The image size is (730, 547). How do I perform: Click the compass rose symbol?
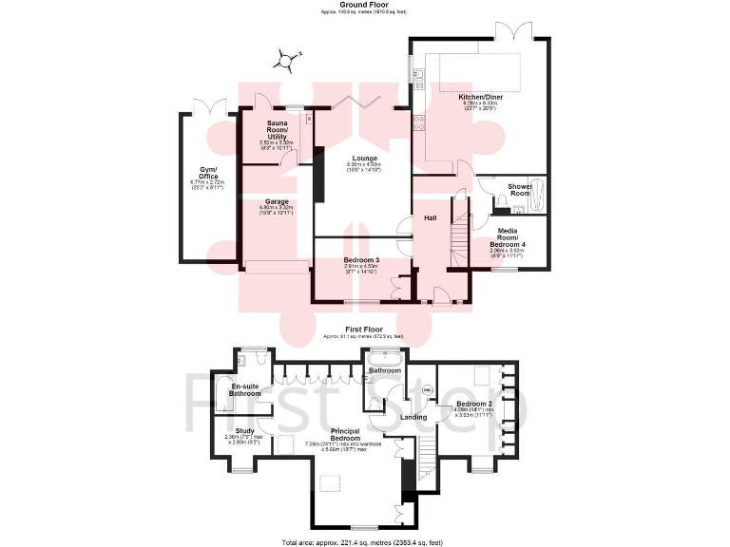284,62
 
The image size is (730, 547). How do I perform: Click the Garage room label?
277,201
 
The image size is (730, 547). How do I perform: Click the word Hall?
430,218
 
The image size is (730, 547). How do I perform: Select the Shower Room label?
520,190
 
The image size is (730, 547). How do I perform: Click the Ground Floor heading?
365,5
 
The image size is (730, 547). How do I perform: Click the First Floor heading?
363,330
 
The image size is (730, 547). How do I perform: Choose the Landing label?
413,416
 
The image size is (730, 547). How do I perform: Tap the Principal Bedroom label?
348,435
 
